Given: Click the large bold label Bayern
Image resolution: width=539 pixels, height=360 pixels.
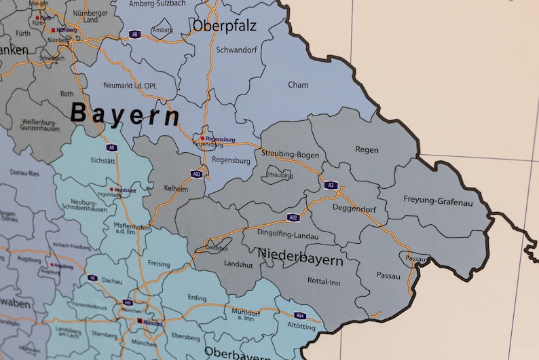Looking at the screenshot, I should pyautogui.click(x=126, y=115).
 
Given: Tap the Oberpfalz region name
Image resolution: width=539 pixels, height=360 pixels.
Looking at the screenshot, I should pyautogui.click(x=225, y=26).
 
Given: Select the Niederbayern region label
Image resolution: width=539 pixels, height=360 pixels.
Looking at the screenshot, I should pyautogui.click(x=299, y=257).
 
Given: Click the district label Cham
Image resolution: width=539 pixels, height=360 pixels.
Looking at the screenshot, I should pyautogui.click(x=297, y=85).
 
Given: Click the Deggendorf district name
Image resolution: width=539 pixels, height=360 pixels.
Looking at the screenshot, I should pyautogui.click(x=354, y=209).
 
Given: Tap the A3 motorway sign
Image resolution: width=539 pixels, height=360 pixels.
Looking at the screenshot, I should pyautogui.click(x=331, y=185).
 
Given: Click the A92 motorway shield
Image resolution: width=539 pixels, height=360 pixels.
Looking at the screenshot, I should pyautogui.click(x=293, y=217).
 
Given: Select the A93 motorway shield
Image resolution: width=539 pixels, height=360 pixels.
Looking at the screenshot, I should pyautogui.click(x=196, y=174).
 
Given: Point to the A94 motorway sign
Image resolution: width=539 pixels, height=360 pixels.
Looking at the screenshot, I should pyautogui.click(x=300, y=315).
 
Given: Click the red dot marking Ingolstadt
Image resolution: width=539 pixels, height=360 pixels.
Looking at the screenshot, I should pyautogui.click(x=111, y=189).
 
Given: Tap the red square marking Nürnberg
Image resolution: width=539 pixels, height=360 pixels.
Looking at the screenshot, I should pyautogui.click(x=54, y=30).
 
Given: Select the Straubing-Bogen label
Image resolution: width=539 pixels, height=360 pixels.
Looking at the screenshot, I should pyautogui.click(x=290, y=154).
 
